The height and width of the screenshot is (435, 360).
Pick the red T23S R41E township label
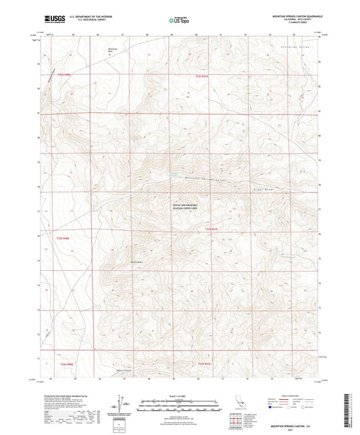pyautogui.click(x=211, y=230)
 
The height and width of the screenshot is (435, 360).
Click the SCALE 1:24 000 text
pyautogui.click(x=178, y=395)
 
